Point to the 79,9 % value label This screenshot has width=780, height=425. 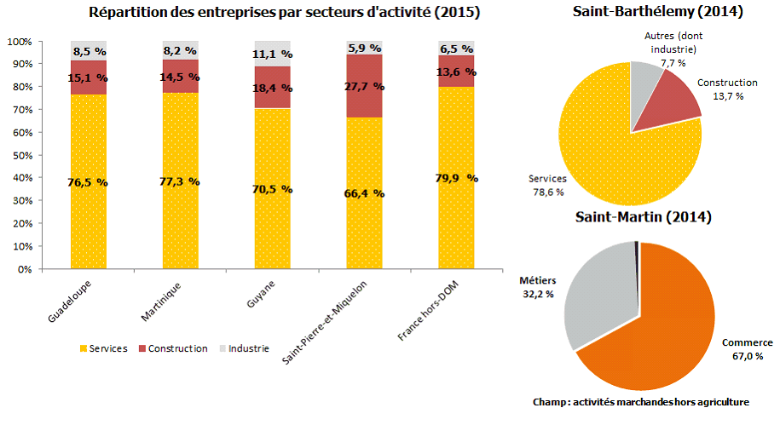457,179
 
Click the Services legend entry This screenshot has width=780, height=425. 103,348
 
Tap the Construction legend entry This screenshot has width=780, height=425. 172,348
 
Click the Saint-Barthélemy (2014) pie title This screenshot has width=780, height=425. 645,12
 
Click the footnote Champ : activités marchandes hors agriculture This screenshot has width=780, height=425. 640,401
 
